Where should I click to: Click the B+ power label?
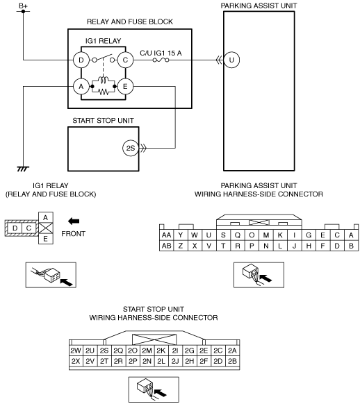tap(23, 6)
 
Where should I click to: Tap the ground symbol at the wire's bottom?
tap(23, 169)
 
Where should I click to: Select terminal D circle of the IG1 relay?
tap(81, 60)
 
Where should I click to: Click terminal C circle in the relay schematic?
tap(125, 60)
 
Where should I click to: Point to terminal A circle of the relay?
tap(81, 87)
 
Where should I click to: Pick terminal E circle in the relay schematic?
tap(125, 87)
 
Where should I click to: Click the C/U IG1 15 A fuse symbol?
tap(161, 60)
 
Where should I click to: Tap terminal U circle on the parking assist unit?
tap(231, 60)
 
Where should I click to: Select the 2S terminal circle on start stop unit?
tap(131, 148)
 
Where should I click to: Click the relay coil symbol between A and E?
tap(104, 80)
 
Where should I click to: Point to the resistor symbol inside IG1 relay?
tap(104, 92)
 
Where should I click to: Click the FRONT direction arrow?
tap(74, 221)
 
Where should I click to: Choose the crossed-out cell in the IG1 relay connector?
tap(46, 228)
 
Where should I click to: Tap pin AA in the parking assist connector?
tap(166, 235)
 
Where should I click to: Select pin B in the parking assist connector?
tap(351, 246)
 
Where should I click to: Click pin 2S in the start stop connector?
tap(104, 351)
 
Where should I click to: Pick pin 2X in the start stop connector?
tap(76, 361)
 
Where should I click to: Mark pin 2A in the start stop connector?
tap(232, 351)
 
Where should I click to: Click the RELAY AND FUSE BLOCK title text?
tap(130, 22)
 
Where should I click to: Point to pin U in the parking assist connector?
tap(208, 235)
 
